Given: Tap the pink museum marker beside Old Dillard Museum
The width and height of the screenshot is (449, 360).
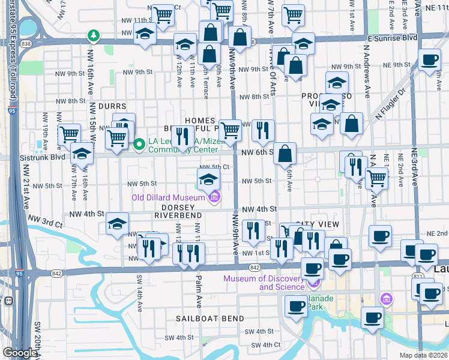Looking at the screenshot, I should click(x=214, y=197).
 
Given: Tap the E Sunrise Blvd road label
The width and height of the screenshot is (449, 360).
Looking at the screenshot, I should click(x=392, y=37).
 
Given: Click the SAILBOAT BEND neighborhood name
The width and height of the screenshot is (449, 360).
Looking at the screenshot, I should click(x=210, y=319).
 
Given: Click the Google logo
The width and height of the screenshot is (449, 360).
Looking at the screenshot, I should click(x=20, y=353).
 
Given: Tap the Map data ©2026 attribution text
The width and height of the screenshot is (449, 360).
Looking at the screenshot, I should click(x=423, y=355).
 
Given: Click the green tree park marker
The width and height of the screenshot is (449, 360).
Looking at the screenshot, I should click(x=93, y=35).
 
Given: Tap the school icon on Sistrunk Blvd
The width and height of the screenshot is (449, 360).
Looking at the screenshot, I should click(x=82, y=154).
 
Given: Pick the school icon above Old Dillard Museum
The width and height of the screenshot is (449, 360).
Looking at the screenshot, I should click(x=208, y=178).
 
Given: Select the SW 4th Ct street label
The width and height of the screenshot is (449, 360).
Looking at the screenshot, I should click(x=266, y=345).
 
